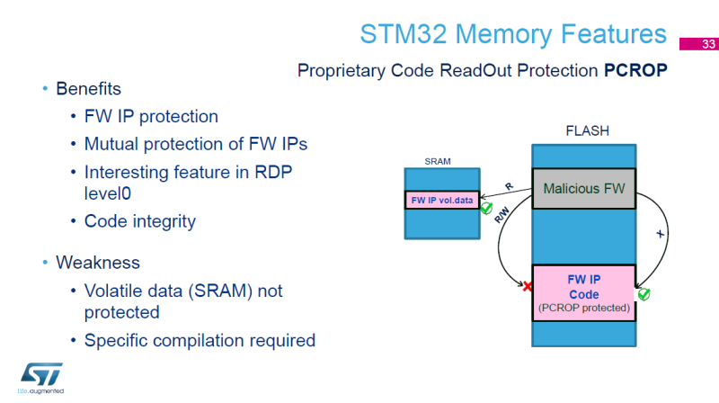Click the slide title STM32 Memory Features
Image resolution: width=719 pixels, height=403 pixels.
(x=513, y=34)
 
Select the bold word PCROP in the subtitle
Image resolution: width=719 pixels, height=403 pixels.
(x=635, y=70)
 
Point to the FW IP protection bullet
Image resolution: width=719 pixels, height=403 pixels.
(x=151, y=116)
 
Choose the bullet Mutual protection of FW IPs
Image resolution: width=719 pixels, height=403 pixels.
(x=189, y=143)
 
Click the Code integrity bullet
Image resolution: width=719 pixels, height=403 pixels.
(x=139, y=220)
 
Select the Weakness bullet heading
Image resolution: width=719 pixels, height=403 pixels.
(x=97, y=262)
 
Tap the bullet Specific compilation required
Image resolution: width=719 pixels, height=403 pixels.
(x=200, y=340)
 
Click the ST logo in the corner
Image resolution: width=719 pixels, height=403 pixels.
(x=38, y=378)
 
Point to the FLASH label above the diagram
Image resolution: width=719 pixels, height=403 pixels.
(x=586, y=131)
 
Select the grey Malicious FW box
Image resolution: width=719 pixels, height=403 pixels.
(x=584, y=189)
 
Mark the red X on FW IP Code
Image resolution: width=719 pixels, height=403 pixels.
(x=528, y=286)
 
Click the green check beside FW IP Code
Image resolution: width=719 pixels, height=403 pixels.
(x=643, y=294)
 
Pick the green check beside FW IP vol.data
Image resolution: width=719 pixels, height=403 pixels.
(x=486, y=209)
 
